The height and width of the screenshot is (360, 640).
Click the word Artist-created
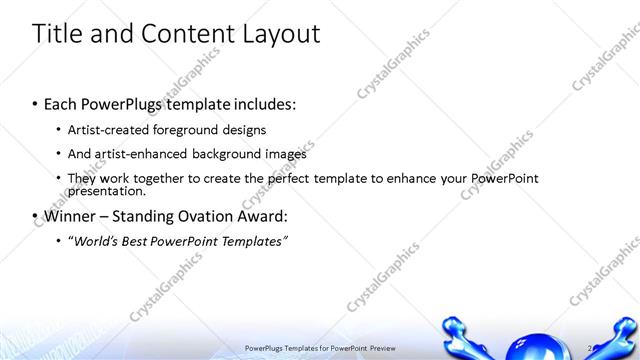click(111, 130)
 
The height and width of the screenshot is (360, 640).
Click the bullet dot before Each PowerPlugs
click(35, 105)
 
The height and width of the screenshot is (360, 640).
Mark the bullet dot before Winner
click(35, 217)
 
